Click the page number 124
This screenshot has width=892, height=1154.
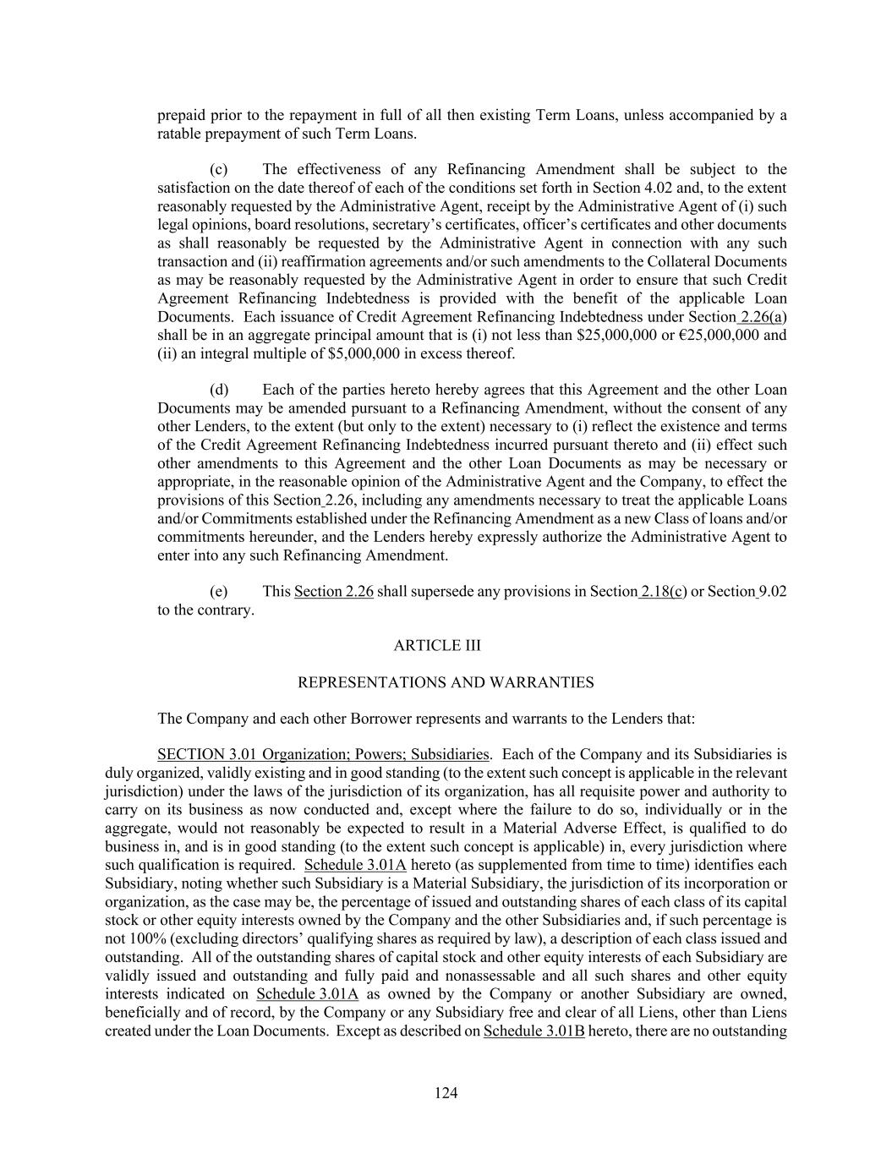click(446, 1093)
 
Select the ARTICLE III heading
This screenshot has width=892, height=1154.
click(437, 645)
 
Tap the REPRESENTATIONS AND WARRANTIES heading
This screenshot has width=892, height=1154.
click(446, 682)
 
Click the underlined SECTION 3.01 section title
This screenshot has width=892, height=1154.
click(323, 754)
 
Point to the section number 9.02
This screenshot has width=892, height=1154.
click(773, 591)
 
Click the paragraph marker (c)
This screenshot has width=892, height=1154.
click(218, 169)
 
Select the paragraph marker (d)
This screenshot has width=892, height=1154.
click(219, 390)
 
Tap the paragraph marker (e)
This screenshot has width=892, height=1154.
click(218, 591)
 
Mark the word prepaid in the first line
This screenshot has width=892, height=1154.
click(180, 115)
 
